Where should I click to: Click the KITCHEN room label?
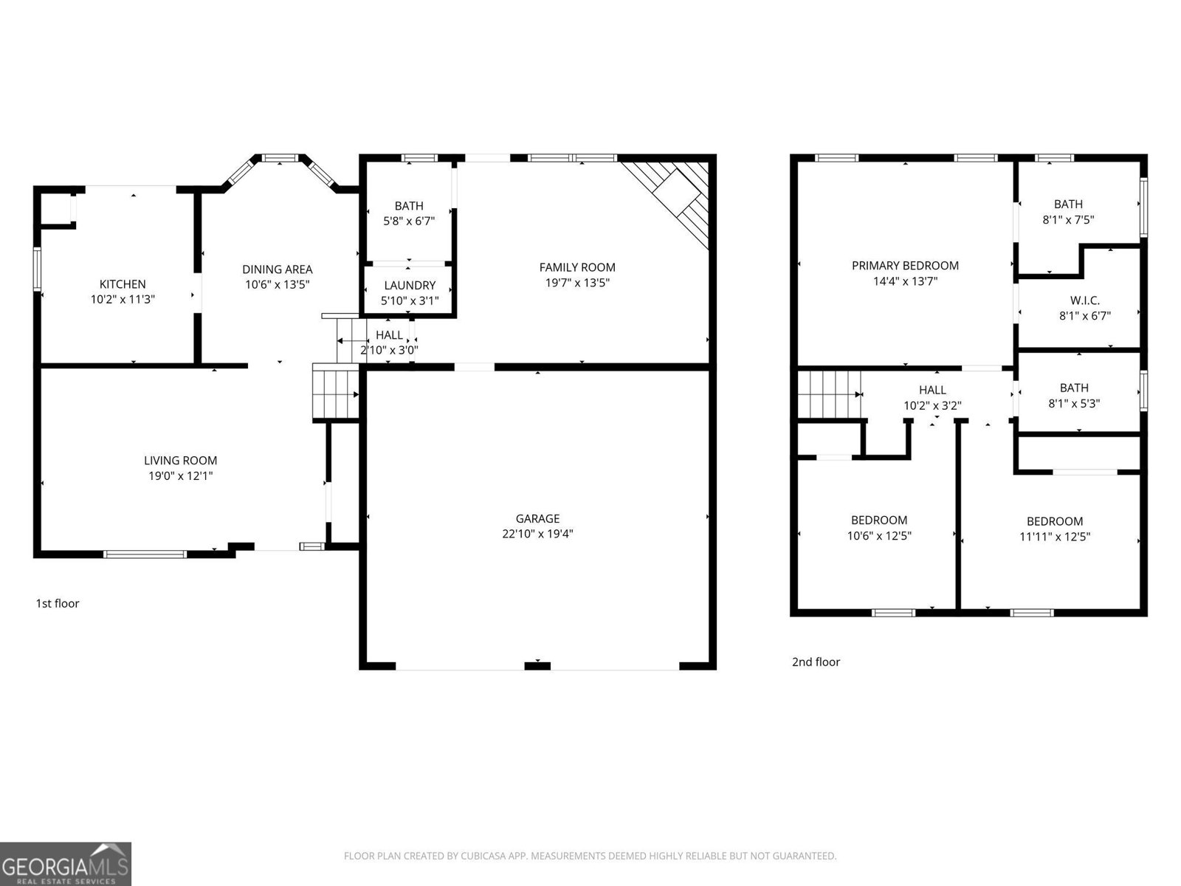[123, 284]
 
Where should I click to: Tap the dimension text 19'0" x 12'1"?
[180, 476]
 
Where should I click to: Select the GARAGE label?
[537, 519]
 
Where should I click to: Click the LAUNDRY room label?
[410, 286]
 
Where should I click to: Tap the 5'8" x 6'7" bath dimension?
[409, 221]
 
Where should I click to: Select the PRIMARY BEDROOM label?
[905, 266]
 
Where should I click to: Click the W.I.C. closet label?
[1084, 301]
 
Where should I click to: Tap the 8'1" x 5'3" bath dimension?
[1074, 404]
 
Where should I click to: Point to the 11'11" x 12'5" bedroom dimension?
[1055, 537]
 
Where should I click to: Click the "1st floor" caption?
[58, 603]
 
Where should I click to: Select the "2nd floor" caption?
[816, 662]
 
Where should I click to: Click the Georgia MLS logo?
[66, 863]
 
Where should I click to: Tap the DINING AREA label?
[277, 269]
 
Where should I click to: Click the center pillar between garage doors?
[537, 666]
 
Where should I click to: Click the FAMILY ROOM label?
[577, 267]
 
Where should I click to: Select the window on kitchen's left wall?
[37, 269]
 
